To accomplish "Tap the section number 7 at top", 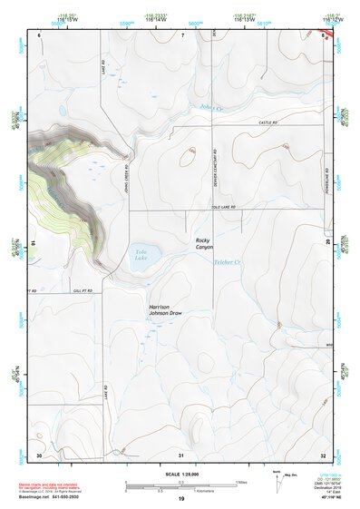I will click(181, 34).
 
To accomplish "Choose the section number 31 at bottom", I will click(181, 454).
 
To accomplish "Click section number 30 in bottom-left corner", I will click(39, 454).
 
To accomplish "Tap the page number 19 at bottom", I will click(181, 500).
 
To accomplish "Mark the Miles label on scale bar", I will click(242, 482).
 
